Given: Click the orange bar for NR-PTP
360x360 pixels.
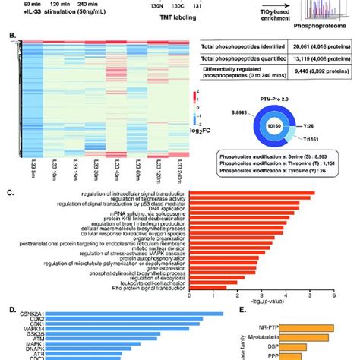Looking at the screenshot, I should pyautogui.click(x=315, y=349).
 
